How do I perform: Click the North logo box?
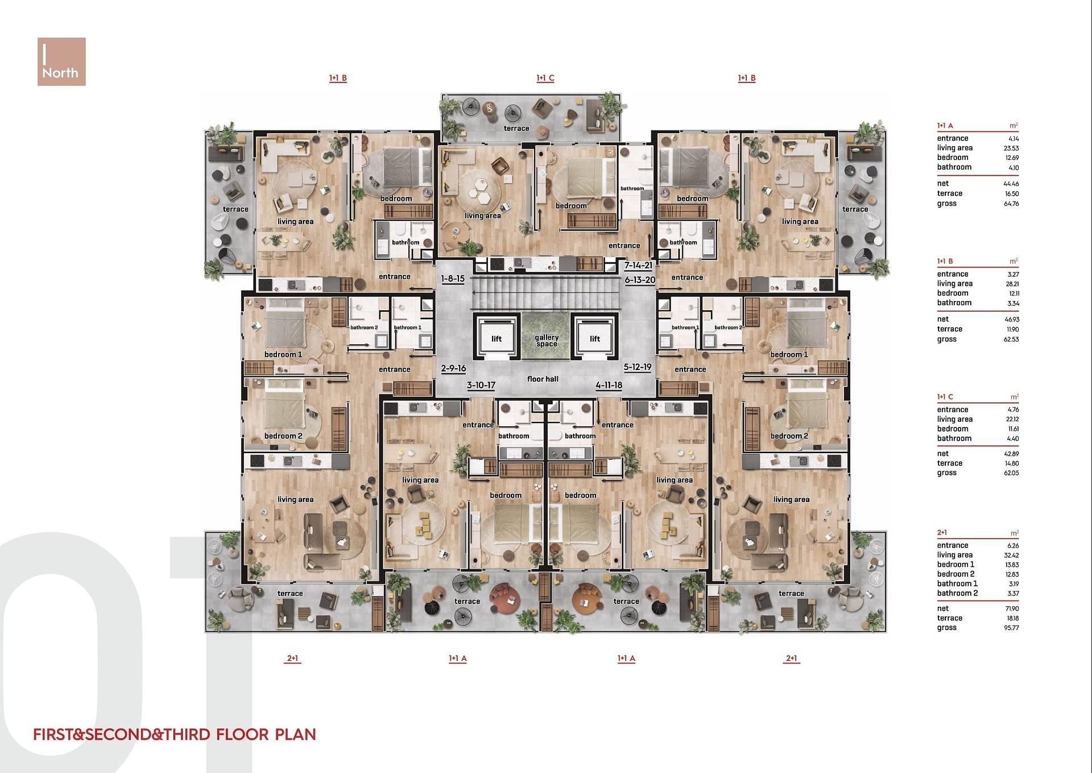(x=61, y=61)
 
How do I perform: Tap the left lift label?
(x=497, y=339)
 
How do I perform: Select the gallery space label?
(x=547, y=340)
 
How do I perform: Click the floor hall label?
(x=543, y=379)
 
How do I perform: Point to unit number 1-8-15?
(x=453, y=279)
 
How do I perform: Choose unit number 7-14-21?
(x=638, y=265)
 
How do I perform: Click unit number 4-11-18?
(x=609, y=385)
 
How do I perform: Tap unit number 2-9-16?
(x=453, y=368)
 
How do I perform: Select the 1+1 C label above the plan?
(x=545, y=78)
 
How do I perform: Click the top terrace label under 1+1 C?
(x=516, y=129)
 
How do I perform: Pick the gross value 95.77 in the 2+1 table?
(x=1011, y=628)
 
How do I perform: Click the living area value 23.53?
(x=1011, y=148)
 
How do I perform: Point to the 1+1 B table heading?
(x=945, y=261)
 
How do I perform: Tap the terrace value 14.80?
(x=1012, y=463)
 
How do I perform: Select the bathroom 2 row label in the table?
(x=958, y=593)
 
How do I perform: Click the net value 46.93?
(x=1012, y=319)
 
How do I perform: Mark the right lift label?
(x=595, y=339)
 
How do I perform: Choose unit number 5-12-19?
(x=638, y=367)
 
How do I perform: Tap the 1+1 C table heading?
(x=945, y=397)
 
